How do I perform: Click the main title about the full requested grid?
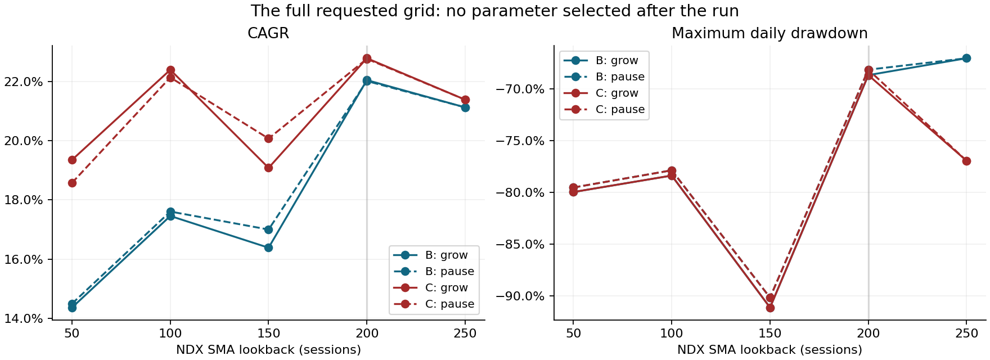click(494, 11)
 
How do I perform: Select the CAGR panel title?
click(268, 33)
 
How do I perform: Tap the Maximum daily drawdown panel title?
click(769, 33)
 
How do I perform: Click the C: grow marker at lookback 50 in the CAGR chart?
click(72, 160)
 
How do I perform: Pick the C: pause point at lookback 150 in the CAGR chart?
click(268, 138)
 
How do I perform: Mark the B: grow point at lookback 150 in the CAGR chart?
click(268, 247)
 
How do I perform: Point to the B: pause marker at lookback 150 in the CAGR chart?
click(268, 229)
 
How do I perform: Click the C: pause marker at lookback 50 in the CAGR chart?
click(72, 183)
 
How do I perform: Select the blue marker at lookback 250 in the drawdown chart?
click(966, 58)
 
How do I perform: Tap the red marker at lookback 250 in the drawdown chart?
click(966, 161)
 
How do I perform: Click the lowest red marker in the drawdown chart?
click(770, 308)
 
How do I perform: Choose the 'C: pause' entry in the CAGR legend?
click(434, 304)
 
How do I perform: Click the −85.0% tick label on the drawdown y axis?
click(520, 245)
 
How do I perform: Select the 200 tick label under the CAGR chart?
click(367, 333)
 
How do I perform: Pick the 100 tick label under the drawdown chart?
click(671, 333)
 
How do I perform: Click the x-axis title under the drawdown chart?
click(769, 350)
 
